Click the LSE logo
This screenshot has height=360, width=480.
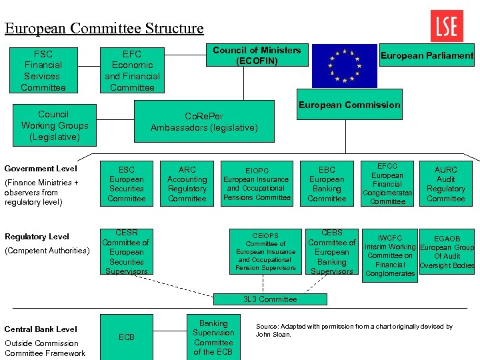coord(447,26)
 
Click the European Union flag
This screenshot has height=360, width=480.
coord(345,65)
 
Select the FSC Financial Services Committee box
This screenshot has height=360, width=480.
coord(43,71)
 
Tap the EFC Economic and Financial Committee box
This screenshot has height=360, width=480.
coord(132,71)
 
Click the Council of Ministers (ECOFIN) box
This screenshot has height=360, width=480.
coord(257,55)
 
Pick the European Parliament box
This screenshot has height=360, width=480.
coord(427,56)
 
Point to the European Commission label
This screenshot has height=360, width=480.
coord(349,105)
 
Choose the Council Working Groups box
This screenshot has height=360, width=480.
coord(54,125)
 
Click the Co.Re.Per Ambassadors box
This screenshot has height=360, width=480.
coord(204,121)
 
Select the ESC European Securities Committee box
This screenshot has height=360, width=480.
coord(126,184)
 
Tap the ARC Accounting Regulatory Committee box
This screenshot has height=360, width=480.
coord(187,184)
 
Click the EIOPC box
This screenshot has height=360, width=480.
coord(257,184)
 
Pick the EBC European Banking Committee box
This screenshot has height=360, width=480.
coord(327,184)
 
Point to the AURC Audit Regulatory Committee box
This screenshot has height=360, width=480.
coord(445,184)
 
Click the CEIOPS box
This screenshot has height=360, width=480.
coord(265,252)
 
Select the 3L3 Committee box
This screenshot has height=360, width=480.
coord(270,299)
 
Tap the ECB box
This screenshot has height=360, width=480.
coord(126,337)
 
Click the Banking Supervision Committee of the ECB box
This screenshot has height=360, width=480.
coord(213,337)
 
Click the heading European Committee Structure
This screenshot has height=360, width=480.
coord(104,28)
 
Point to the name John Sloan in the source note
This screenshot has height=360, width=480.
coord(274,335)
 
